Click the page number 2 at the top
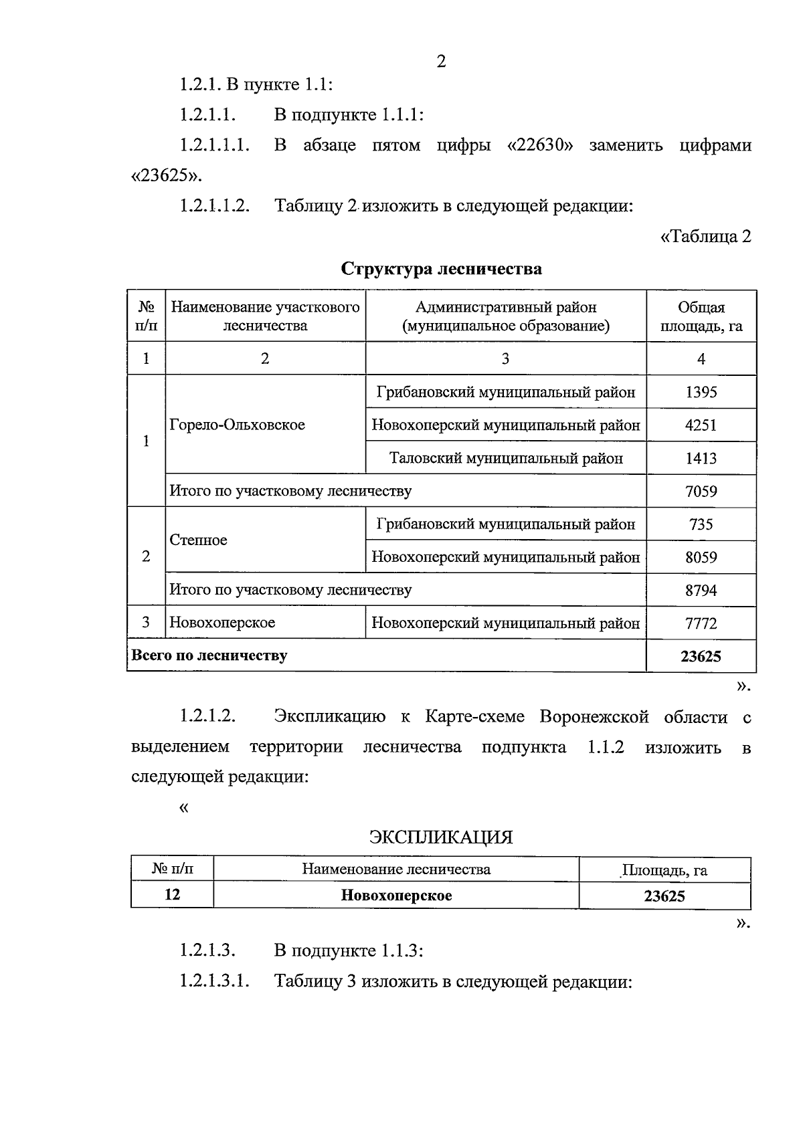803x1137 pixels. (441, 62)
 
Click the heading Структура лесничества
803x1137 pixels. (441, 269)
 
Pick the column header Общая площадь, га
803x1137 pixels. (701, 316)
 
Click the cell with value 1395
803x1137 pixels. (701, 392)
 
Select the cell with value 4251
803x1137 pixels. (701, 425)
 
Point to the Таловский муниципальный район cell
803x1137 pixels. (506, 458)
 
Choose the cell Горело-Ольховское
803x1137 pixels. (238, 425)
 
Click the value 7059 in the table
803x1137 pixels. (701, 492)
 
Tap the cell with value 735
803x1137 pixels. (701, 524)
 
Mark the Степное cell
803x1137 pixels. (199, 540)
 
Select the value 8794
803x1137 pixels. (701, 591)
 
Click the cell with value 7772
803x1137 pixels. (701, 623)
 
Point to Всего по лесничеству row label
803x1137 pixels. (209, 655)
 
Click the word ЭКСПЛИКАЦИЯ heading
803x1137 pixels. (441, 837)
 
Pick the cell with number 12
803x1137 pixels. (172, 895)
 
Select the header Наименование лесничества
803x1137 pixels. (396, 869)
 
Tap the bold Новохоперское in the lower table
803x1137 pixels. (396, 896)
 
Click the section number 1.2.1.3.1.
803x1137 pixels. (214, 982)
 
